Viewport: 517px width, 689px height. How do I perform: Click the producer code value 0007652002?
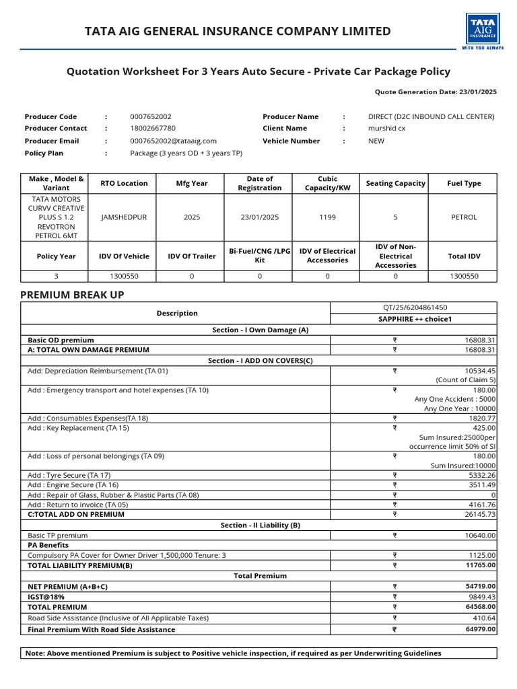150,116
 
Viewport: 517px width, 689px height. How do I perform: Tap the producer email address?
173,141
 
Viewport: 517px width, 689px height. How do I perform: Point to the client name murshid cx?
386,128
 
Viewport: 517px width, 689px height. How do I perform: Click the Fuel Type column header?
464,183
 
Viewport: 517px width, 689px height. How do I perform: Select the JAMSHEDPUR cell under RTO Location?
123,217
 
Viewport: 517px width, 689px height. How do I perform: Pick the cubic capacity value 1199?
327,217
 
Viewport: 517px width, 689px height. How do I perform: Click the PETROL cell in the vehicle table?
464,217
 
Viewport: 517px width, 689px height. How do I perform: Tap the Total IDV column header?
464,256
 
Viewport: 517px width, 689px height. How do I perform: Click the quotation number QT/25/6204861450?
413,307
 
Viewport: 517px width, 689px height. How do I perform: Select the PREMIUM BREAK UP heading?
72,295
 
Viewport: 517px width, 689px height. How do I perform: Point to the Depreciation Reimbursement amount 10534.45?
480,371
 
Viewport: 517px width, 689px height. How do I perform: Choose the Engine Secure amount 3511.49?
481,484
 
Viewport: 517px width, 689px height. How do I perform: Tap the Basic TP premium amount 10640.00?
480,536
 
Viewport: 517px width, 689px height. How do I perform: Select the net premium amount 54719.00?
480,587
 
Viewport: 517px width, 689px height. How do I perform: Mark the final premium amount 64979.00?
480,630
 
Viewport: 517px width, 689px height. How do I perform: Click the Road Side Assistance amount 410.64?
484,618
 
